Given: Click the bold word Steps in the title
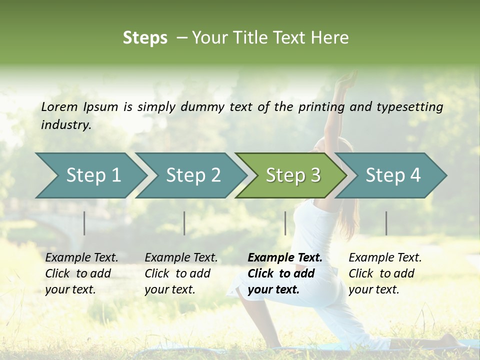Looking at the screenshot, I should click(x=145, y=38).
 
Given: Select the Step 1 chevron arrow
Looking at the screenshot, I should click(x=90, y=175).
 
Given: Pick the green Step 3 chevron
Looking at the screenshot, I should click(x=291, y=175).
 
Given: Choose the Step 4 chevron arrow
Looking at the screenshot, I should click(x=391, y=175).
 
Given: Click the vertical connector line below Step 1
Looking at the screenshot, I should click(x=84, y=223).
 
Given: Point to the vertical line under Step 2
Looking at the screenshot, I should click(x=184, y=223).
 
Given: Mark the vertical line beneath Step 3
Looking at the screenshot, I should click(x=285, y=223).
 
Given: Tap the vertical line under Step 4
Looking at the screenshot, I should click(x=386, y=223).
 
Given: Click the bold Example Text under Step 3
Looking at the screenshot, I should click(x=285, y=257).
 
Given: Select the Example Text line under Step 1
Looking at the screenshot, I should click(x=81, y=257).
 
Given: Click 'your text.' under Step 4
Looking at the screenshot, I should click(x=373, y=289).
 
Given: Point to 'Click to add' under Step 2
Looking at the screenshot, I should click(x=177, y=273).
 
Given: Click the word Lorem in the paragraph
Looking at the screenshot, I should click(x=59, y=106).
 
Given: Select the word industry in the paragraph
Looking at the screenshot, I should click(x=65, y=125).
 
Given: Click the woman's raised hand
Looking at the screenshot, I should click(x=346, y=80).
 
